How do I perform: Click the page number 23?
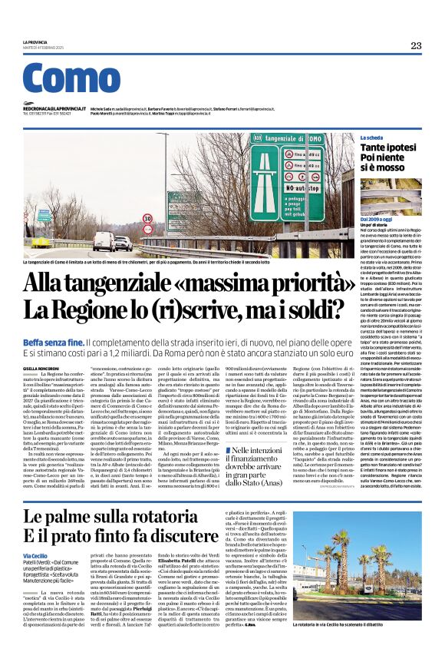[416, 45]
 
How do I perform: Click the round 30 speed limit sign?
[147, 218]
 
